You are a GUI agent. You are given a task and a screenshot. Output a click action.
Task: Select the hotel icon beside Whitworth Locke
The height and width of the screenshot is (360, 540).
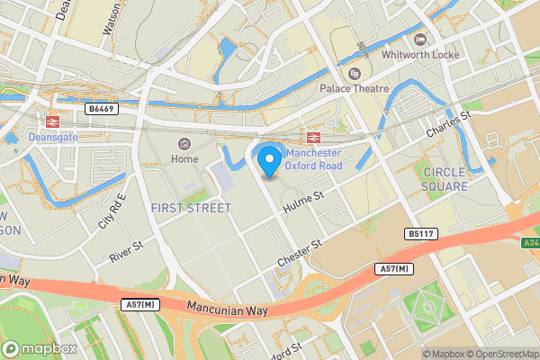tap(419, 39)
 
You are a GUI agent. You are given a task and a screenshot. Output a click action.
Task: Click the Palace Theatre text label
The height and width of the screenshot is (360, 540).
tap(355, 88)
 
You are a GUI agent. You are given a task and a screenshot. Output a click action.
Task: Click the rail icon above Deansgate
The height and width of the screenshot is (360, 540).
tap(52, 121)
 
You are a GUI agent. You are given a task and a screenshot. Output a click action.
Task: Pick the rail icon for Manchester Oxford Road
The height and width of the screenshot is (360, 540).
tap(314, 137)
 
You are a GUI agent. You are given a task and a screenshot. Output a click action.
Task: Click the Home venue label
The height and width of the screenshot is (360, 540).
tap(184, 159)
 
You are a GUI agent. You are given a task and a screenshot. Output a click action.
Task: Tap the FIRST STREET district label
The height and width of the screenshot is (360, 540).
tap(192, 208)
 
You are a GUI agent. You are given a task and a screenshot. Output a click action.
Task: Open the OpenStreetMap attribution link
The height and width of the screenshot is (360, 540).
tap(500, 353)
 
